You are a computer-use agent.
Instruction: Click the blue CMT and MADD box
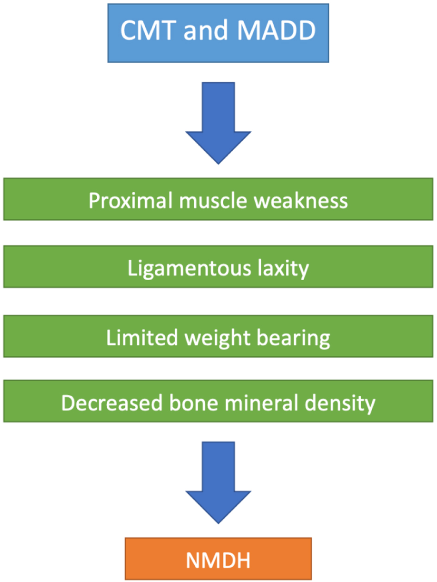[x=218, y=33]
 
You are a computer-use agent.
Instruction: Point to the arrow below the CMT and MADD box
[x=218, y=123]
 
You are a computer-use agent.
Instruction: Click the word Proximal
[x=131, y=201]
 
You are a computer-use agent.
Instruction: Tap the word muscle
[x=214, y=201]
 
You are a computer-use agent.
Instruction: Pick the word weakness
[x=301, y=201]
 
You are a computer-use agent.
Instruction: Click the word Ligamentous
[x=189, y=268]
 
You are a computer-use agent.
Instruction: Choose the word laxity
[x=283, y=268]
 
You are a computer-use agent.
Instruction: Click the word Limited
[x=142, y=338]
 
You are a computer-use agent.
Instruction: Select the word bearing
[x=294, y=338]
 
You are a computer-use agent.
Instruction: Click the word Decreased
[x=111, y=403]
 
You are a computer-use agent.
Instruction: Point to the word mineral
[x=261, y=403]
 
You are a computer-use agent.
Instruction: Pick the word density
[x=340, y=404]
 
